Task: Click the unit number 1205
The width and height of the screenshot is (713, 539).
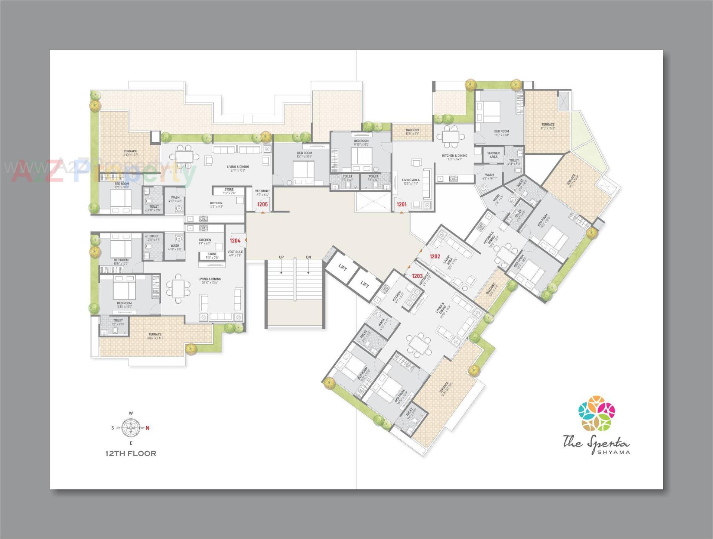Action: [x=262, y=205]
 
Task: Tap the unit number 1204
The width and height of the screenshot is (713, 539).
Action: [x=235, y=241]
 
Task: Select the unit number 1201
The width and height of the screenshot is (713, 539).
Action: [x=401, y=204]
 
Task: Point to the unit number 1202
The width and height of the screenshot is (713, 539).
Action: [x=435, y=256]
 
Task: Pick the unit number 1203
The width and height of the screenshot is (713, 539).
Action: [x=417, y=276]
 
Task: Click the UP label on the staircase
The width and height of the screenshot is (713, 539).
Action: [x=281, y=257]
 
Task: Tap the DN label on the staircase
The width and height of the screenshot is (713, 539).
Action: [x=308, y=257]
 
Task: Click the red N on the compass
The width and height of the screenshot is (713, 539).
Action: [x=147, y=428]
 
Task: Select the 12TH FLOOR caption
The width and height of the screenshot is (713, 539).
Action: [x=131, y=454]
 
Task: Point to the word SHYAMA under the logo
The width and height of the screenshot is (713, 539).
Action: [x=613, y=452]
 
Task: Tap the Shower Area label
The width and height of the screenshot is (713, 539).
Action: [x=493, y=155]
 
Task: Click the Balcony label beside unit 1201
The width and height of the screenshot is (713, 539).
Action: [x=412, y=130]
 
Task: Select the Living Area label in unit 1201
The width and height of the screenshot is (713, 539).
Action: [x=410, y=180]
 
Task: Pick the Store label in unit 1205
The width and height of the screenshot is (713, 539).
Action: [x=229, y=189]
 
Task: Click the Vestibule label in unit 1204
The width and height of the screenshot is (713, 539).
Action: [x=235, y=252]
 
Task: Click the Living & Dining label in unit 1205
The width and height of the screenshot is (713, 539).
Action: [x=238, y=167]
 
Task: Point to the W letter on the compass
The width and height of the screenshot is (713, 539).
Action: [x=131, y=413]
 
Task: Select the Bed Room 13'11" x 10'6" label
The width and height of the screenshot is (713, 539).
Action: [x=305, y=153]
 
